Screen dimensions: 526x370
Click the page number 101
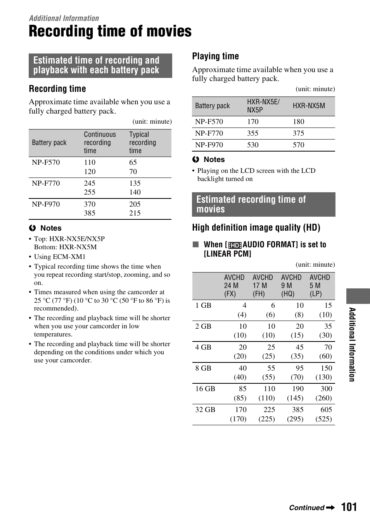click(349, 507)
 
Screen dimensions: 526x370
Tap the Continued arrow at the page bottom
click(330, 508)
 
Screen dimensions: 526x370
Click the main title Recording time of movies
click(110, 31)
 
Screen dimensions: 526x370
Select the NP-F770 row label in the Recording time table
click(46, 183)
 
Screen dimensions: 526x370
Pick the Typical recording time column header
click(142, 143)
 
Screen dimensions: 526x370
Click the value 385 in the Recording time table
click(90, 213)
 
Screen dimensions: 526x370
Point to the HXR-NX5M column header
click(309, 106)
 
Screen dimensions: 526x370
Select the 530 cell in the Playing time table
click(253, 145)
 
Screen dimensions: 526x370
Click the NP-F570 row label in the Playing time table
click(209, 122)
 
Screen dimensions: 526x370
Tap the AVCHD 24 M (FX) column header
click(234, 286)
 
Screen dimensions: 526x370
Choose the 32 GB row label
click(205, 410)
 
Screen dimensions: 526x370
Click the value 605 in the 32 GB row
click(326, 410)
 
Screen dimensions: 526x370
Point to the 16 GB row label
click(205, 389)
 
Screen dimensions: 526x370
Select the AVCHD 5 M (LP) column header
click(320, 286)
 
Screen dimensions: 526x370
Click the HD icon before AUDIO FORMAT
click(235, 245)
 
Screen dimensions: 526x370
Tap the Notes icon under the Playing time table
click(196, 160)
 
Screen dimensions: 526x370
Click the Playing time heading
click(215, 56)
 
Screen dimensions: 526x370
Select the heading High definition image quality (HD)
click(256, 228)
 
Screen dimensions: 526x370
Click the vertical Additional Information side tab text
click(352, 344)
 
